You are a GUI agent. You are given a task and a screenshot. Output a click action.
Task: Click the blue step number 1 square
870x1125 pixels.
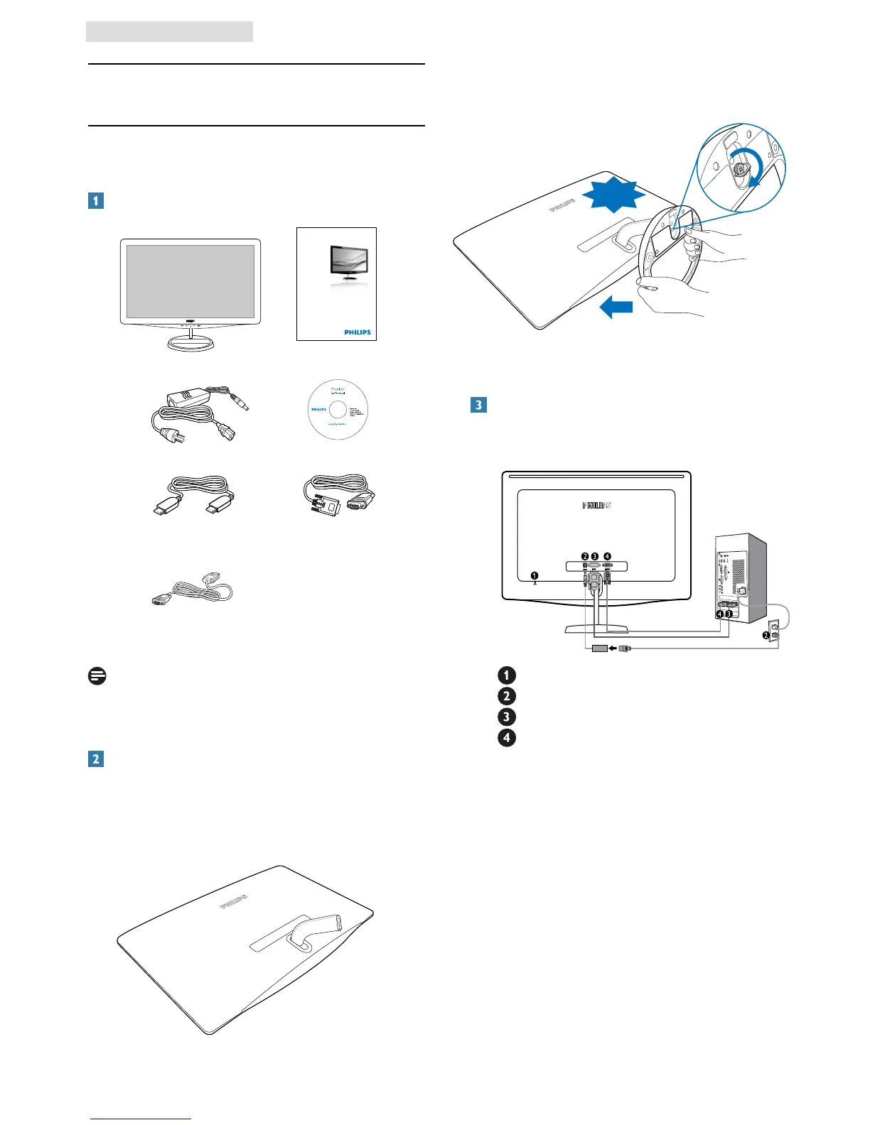(x=95, y=200)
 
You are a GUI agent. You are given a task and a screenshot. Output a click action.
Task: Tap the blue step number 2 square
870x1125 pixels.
(x=95, y=759)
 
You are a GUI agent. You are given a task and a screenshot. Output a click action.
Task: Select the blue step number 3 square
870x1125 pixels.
(x=478, y=405)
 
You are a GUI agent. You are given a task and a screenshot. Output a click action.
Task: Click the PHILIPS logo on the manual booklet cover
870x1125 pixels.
(x=358, y=332)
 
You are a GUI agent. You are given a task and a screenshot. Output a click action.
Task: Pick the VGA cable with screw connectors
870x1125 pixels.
(x=340, y=494)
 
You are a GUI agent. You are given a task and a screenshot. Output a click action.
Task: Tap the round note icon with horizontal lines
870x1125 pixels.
(x=97, y=676)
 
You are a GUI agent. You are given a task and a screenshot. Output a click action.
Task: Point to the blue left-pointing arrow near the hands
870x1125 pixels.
(x=616, y=308)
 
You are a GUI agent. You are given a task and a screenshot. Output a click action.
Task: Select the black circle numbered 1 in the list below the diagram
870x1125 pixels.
(x=506, y=675)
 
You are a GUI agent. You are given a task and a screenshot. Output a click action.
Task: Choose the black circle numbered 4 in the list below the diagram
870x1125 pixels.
(x=506, y=737)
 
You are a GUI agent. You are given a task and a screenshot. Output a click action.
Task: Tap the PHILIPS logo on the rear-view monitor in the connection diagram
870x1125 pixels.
(x=596, y=506)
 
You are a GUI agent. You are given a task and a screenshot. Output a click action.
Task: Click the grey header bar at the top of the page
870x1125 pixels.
(x=169, y=32)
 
